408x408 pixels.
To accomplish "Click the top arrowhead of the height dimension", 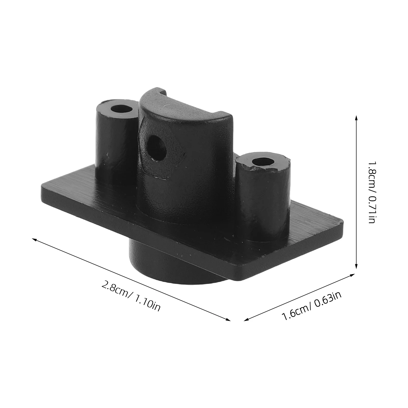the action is point(356,119).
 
